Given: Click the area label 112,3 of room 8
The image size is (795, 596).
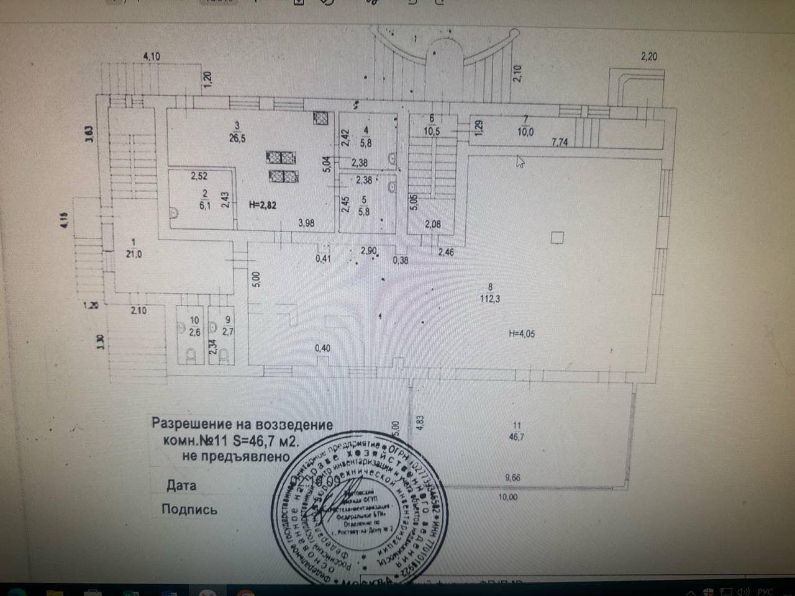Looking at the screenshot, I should (x=490, y=299).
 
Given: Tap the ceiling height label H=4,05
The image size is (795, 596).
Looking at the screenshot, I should (x=522, y=333).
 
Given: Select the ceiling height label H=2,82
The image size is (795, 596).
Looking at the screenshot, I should (x=261, y=205).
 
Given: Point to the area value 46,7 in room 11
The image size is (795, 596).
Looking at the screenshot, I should (x=516, y=437).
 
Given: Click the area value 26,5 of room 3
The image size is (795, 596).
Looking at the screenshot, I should (x=237, y=138).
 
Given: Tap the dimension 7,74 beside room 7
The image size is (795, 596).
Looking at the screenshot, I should (x=560, y=142).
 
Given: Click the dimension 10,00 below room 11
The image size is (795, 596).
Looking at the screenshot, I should (x=507, y=497).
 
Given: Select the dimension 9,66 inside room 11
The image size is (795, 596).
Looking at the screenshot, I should (x=512, y=478).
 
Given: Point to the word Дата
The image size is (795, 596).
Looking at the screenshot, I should (x=181, y=485).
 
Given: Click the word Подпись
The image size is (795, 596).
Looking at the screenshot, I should (x=189, y=510).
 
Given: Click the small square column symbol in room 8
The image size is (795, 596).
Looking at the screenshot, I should (x=557, y=237).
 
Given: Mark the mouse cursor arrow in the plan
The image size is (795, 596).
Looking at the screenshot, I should (x=520, y=162).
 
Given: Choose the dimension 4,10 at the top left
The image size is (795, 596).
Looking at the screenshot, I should (x=152, y=56).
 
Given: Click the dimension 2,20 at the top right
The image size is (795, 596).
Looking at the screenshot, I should (x=649, y=56).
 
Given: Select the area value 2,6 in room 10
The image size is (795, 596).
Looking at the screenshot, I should (x=194, y=331).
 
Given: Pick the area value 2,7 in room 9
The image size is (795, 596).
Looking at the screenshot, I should (x=227, y=331).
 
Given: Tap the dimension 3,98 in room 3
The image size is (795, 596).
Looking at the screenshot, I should (x=306, y=223).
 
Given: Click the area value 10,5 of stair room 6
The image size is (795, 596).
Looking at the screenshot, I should (x=432, y=131).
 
